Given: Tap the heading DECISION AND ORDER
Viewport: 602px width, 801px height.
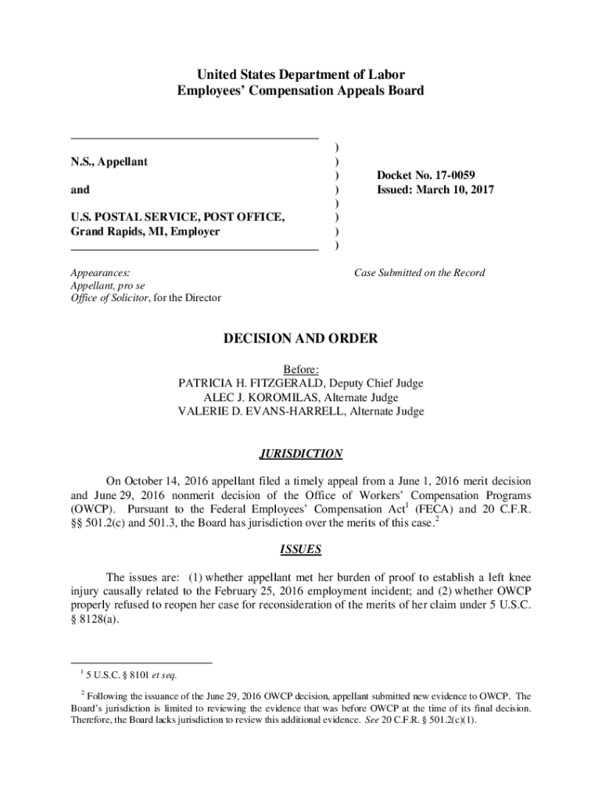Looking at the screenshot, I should click(x=300, y=339).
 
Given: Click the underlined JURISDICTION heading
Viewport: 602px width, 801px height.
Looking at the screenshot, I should click(x=300, y=454).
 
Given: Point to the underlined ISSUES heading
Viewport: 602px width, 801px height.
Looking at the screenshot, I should click(x=300, y=549).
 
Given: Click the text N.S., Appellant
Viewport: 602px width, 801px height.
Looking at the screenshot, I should click(x=109, y=162).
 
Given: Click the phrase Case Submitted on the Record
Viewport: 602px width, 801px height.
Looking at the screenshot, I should click(x=419, y=273).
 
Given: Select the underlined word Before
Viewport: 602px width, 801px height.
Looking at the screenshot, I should click(x=300, y=369).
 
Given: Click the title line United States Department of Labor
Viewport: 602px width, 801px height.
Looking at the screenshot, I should click(x=300, y=75).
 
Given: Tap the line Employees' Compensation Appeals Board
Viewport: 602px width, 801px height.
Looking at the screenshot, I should click(x=300, y=91).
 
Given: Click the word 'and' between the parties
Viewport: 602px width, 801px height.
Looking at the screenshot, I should click(x=80, y=190).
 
